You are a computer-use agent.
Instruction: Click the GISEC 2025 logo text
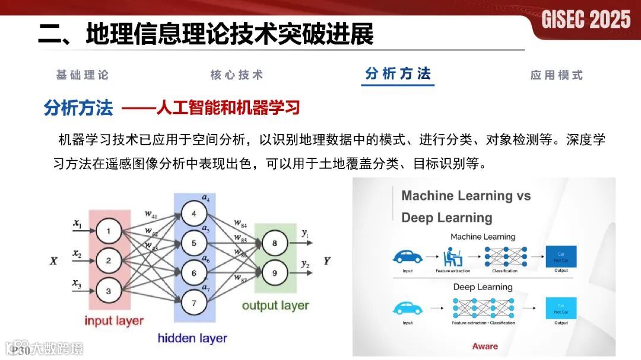[585, 20]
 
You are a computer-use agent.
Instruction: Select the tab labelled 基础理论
[82, 75]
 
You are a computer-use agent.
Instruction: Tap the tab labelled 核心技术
[236, 75]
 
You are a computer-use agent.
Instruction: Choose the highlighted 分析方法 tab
[398, 74]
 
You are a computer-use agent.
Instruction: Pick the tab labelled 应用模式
[557, 75]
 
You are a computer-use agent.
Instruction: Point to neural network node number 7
[193, 303]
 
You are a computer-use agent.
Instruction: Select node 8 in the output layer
[275, 243]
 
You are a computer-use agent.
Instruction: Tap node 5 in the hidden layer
[193, 243]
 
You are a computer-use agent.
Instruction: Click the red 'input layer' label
[114, 321]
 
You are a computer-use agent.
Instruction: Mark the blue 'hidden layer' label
[192, 339]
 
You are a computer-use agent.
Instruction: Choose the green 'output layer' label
[275, 305]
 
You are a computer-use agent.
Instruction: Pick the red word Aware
[485, 346]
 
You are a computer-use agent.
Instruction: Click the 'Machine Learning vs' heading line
[466, 196]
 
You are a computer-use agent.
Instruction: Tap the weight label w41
[151, 214]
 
